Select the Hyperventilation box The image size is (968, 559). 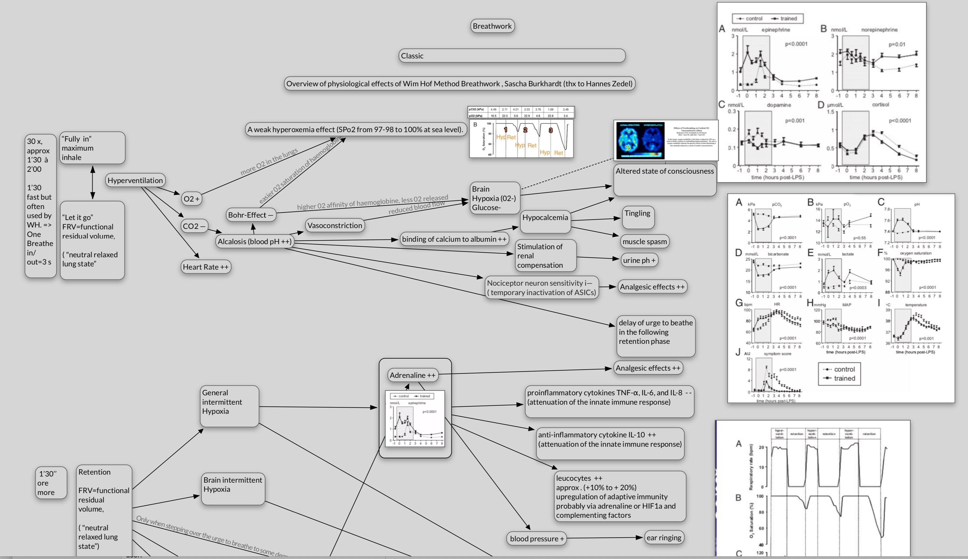pyautogui.click(x=135, y=180)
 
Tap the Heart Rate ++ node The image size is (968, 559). pyautogui.click(x=206, y=267)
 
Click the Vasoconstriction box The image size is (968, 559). pyautogui.click(x=334, y=225)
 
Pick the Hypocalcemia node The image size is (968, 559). pyautogui.click(x=545, y=218)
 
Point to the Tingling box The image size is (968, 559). pyautogui.click(x=637, y=214)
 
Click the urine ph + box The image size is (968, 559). pyautogui.click(x=639, y=260)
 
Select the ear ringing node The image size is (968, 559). pyautogui.click(x=664, y=538)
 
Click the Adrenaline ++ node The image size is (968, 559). pyautogui.click(x=412, y=375)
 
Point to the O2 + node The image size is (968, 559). pyautogui.click(x=191, y=199)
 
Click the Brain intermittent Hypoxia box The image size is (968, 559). pyautogui.click(x=233, y=485)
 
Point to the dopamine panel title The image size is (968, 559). pyautogui.click(x=779, y=105)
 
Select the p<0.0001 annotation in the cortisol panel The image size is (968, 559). pyautogui.click(x=900, y=121)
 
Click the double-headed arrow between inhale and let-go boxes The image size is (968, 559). pyautogui.click(x=92, y=182)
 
